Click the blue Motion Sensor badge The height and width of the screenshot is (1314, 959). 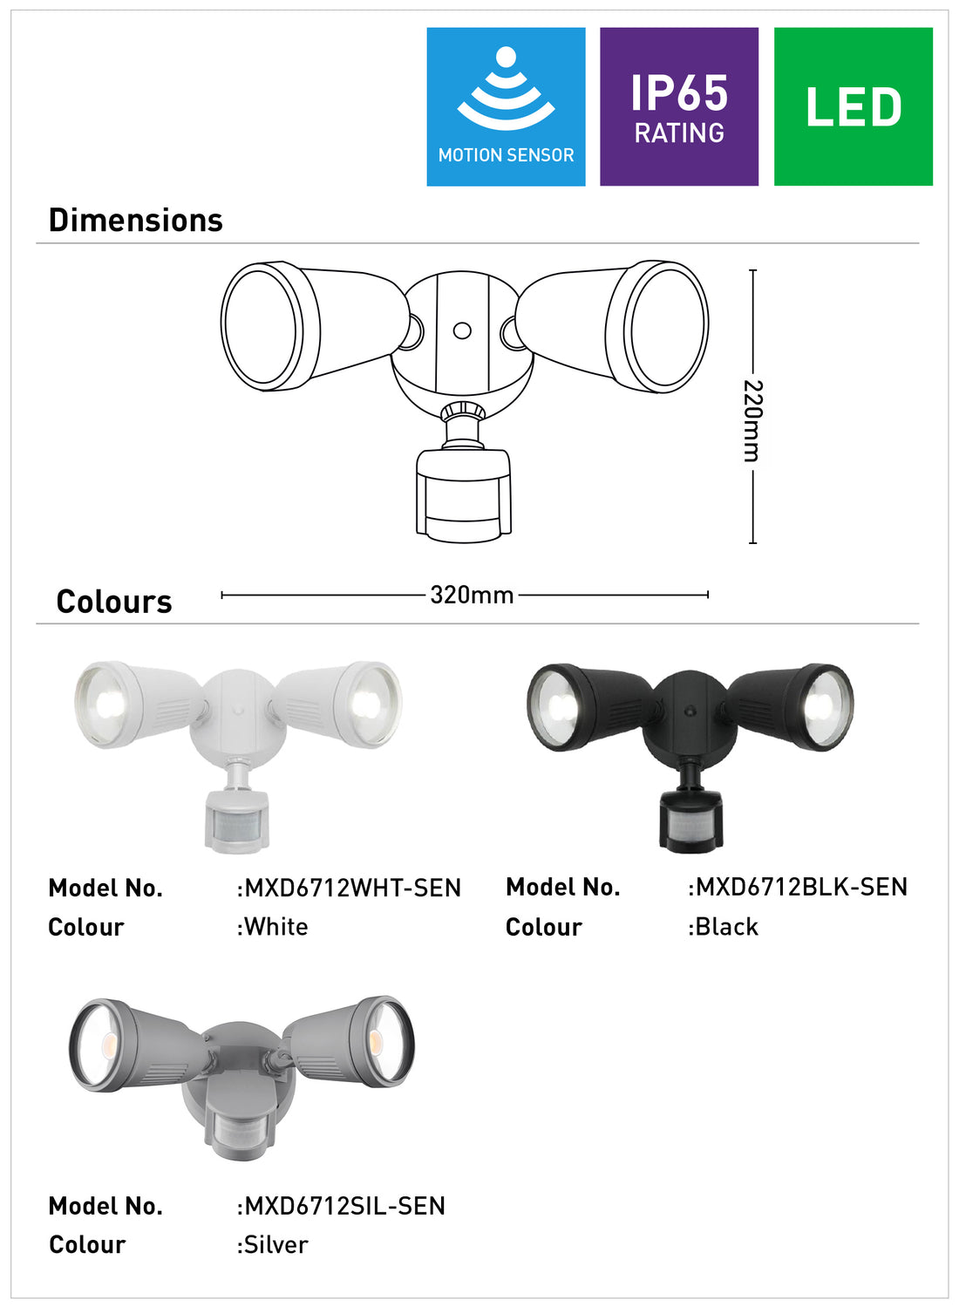pos(506,106)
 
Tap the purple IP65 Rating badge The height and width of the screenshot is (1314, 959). pos(678,106)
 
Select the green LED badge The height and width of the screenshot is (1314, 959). pos(854,106)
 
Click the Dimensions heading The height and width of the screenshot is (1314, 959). pos(135,221)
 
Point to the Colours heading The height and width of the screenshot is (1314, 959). pos(114,602)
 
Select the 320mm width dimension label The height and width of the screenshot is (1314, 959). pos(472,595)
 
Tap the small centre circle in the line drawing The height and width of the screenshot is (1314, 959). pos(462,330)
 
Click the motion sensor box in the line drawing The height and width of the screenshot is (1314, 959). pos(463,495)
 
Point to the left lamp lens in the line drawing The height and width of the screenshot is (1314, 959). pos(260,326)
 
